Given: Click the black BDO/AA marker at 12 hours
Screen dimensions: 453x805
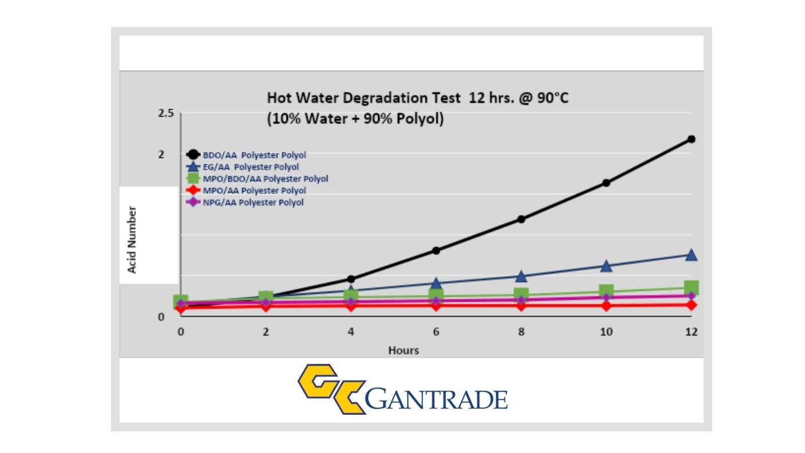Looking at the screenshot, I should [x=691, y=139].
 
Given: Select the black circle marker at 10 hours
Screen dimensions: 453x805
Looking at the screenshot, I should [x=606, y=183].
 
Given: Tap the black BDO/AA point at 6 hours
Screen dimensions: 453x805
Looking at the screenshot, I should [x=436, y=250].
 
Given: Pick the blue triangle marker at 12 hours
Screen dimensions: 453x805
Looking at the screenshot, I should [x=691, y=255].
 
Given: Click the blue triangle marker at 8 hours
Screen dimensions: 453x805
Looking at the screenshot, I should [x=521, y=276].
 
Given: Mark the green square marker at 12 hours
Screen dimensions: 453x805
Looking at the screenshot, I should [x=691, y=288].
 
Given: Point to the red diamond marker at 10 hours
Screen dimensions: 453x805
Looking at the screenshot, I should [x=606, y=306].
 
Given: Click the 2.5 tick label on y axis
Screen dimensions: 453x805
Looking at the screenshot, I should [x=166, y=113].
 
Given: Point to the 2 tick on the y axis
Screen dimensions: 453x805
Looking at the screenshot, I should [x=162, y=155].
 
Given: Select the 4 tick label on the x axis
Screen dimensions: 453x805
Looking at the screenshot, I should [x=351, y=332].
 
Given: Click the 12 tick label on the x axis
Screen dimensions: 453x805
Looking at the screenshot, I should [x=691, y=332].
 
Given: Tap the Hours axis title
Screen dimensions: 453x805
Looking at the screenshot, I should [x=404, y=350].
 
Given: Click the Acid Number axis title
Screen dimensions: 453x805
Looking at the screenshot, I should [x=132, y=240].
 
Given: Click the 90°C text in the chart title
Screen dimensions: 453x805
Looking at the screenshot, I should [x=552, y=98].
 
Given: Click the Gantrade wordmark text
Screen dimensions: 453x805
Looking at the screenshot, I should [x=436, y=400].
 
